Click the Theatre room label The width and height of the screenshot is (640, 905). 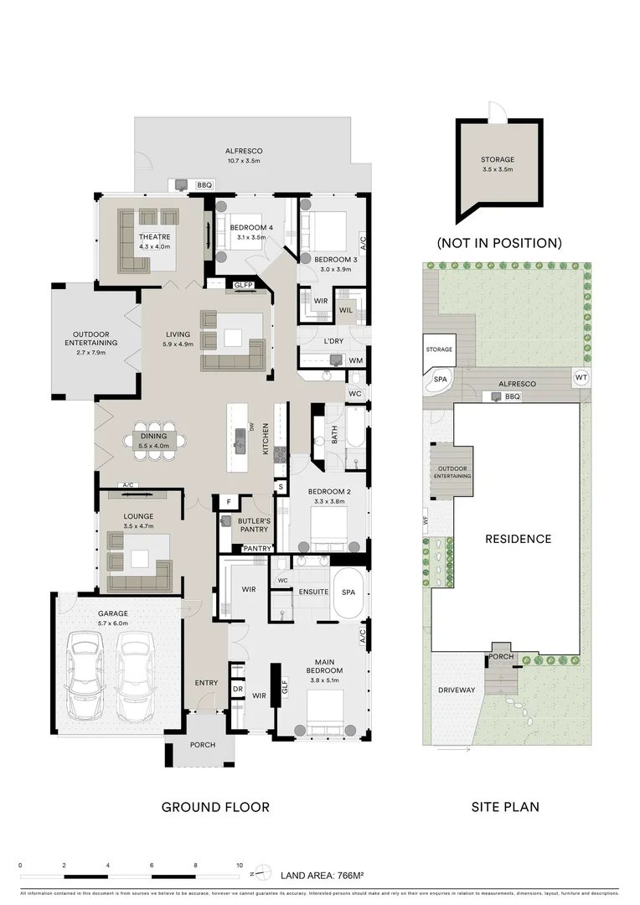(153, 237)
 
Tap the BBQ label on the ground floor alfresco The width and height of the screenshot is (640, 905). (204, 185)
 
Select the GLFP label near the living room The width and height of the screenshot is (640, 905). (244, 286)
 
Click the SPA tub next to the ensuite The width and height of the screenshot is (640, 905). (348, 592)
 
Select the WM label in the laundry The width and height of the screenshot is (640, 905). (354, 360)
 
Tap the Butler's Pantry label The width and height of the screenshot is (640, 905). (254, 525)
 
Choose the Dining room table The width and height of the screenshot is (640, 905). (153, 441)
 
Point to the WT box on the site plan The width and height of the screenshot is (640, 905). (581, 378)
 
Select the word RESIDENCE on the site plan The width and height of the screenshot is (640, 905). (518, 539)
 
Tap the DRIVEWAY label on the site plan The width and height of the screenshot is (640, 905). (456, 690)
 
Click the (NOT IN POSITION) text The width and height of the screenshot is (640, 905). (498, 243)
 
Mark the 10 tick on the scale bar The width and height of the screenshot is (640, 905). (240, 866)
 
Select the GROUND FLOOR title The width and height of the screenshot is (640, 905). (215, 808)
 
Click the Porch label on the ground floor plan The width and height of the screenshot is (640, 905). (202, 744)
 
